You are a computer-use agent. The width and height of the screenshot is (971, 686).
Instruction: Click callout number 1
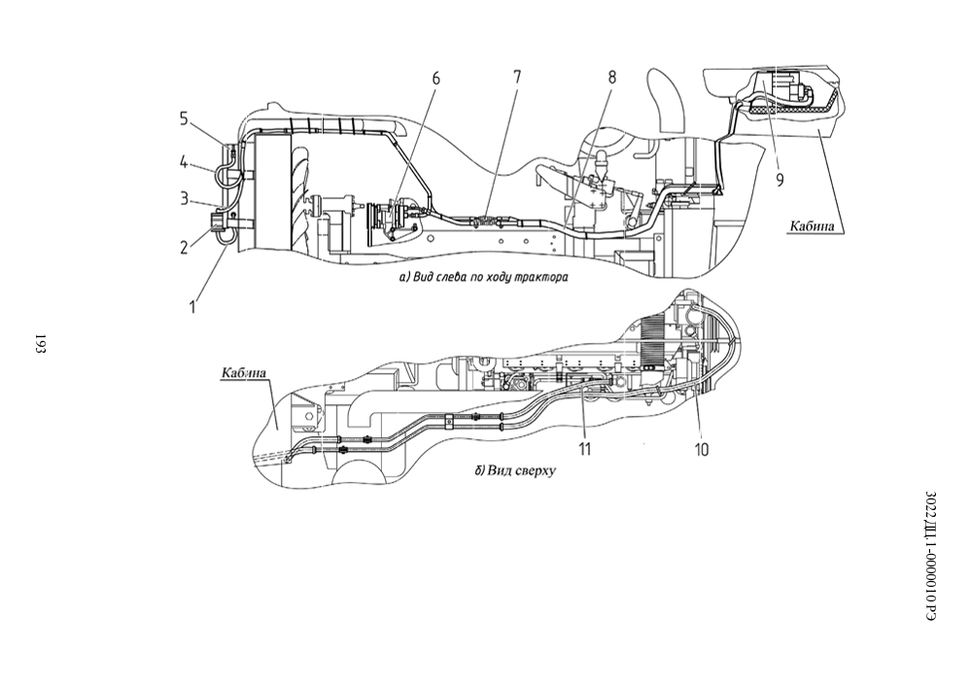(192, 306)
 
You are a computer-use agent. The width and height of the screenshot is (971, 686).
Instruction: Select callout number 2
(184, 248)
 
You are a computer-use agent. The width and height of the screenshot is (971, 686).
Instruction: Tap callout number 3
(184, 199)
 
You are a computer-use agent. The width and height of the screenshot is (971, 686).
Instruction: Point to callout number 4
(184, 163)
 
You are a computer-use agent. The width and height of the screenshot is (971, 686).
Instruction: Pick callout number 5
(184, 118)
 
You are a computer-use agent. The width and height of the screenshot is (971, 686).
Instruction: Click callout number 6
(435, 79)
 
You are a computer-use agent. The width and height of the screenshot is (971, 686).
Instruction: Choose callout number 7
(517, 78)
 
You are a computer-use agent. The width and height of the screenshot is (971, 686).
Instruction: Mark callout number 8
(611, 78)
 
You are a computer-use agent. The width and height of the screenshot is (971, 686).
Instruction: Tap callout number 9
(780, 180)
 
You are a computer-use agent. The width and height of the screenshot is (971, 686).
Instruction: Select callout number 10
(701, 449)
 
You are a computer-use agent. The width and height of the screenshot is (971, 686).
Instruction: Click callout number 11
(584, 449)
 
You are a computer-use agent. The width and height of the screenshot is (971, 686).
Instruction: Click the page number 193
(40, 344)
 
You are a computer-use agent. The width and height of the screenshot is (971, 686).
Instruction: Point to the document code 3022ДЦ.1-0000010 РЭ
(931, 556)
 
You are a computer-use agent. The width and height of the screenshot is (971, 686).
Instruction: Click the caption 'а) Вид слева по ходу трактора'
(484, 277)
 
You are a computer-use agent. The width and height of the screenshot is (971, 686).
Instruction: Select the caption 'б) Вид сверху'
(515, 470)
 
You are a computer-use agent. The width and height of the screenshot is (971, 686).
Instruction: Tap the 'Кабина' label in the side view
(812, 226)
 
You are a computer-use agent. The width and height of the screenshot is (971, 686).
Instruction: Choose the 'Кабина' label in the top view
(244, 373)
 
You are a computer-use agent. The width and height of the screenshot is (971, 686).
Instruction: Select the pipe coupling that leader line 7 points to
(486, 220)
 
